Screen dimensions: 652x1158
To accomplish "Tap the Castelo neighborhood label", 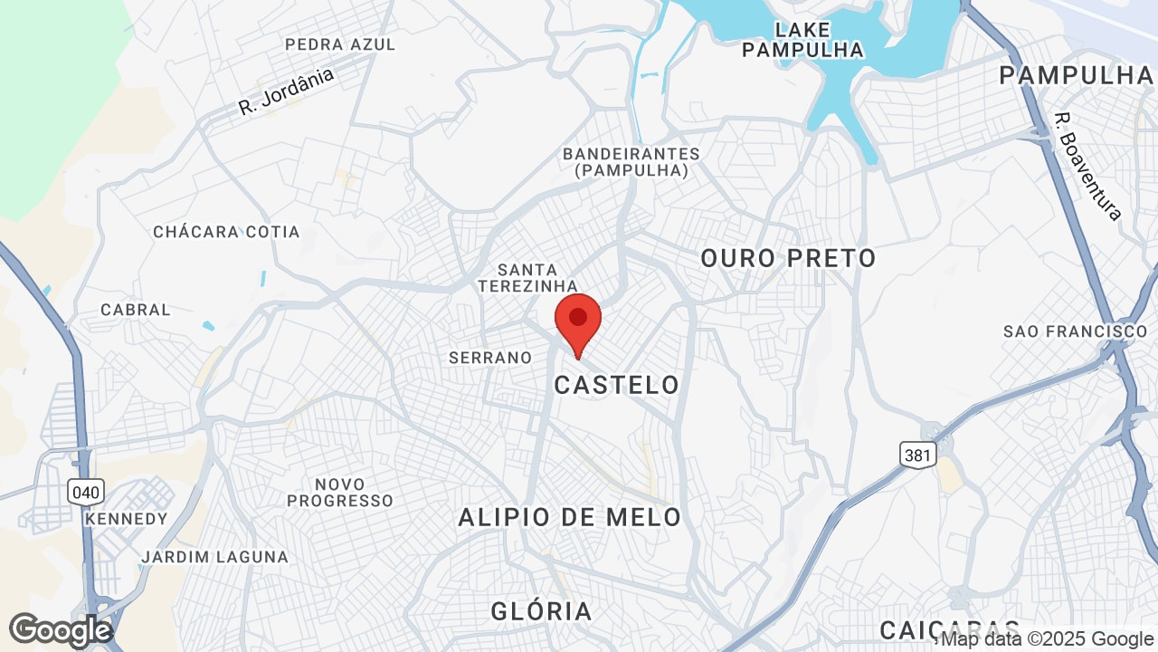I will (x=616, y=385).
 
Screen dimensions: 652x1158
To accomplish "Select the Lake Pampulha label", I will (x=802, y=40).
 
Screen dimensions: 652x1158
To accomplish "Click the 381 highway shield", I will (x=917, y=455).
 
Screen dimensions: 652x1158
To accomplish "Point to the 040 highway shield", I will (x=86, y=493).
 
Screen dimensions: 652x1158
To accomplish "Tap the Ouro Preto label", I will (x=788, y=258).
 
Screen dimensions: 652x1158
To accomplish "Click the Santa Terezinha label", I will (x=527, y=278).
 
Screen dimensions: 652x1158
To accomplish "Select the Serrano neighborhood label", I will (x=490, y=358).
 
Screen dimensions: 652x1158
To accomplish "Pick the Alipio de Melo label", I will (x=569, y=517).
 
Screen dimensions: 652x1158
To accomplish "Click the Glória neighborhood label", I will (x=541, y=611).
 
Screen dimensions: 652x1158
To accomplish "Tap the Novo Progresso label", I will (x=340, y=493).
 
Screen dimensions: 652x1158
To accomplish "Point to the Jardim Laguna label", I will (x=214, y=557).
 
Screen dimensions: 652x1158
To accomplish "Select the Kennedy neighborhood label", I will (x=126, y=519).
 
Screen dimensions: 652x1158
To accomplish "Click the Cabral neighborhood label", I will (x=136, y=310).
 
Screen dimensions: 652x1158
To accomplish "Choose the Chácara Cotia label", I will (x=226, y=232).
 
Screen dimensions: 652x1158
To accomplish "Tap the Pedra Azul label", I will (x=340, y=44).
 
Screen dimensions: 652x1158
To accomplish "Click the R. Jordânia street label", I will (x=286, y=91).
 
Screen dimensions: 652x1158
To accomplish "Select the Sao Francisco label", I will (x=1075, y=331).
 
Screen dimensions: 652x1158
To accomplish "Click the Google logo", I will (x=61, y=630).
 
